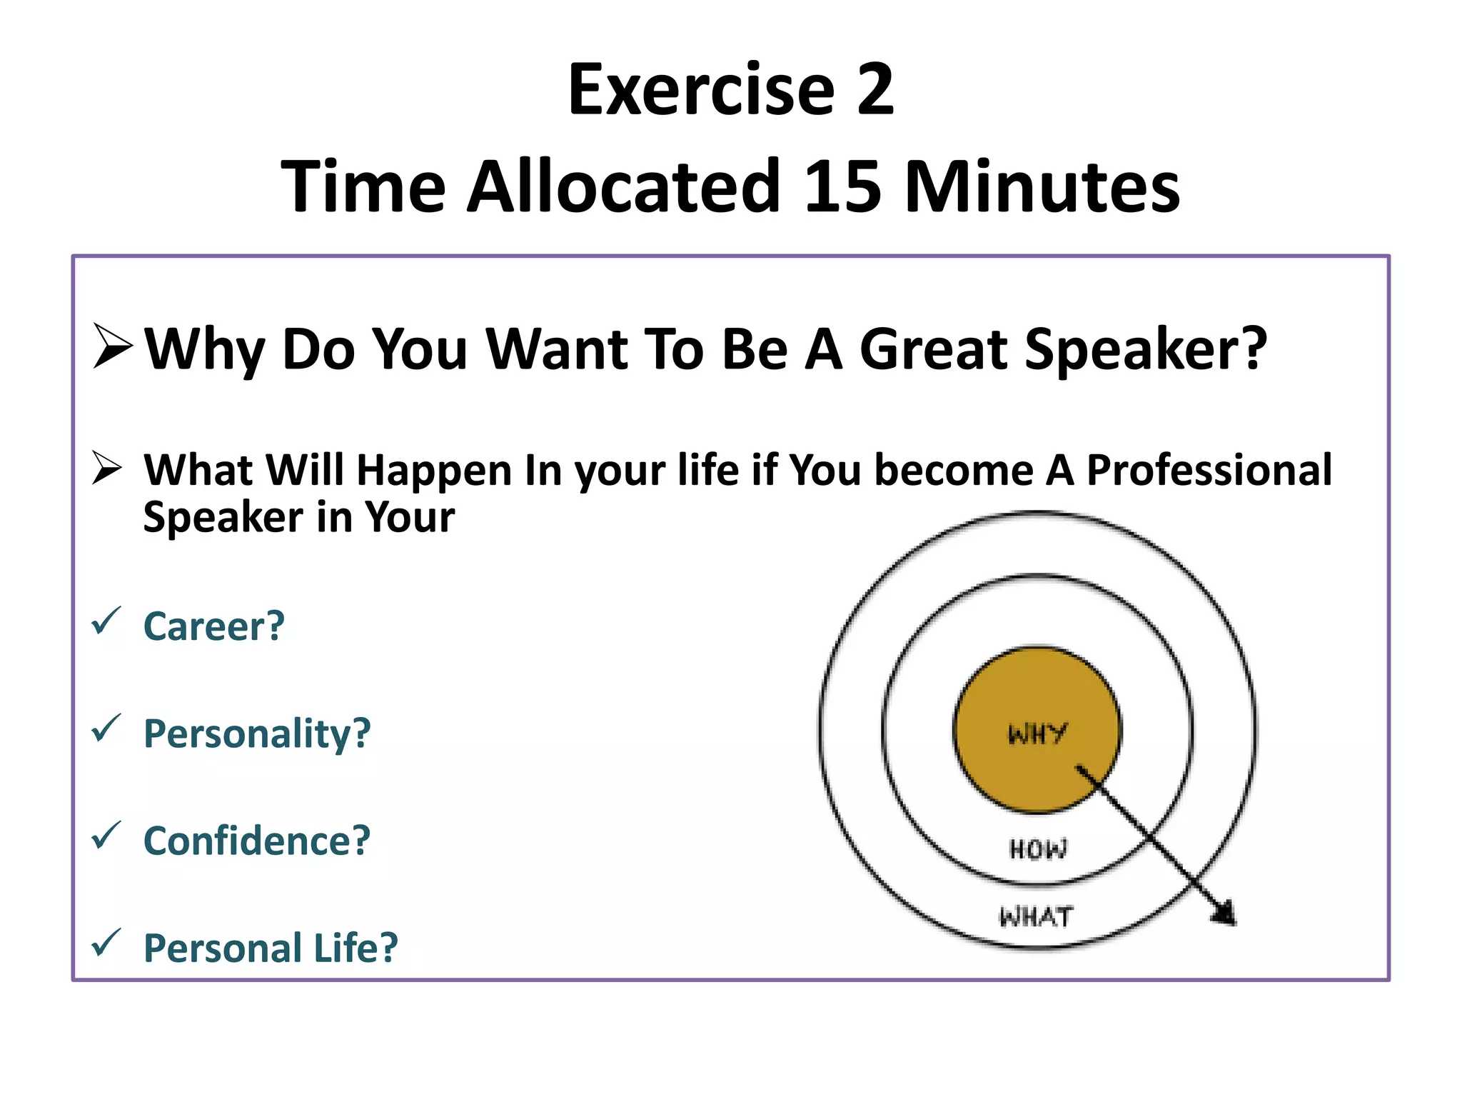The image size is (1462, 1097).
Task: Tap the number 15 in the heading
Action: (x=842, y=187)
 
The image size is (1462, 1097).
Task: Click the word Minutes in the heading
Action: (x=1042, y=187)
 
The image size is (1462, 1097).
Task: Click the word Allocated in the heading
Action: (x=624, y=187)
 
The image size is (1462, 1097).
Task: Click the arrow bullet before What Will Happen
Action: (x=107, y=469)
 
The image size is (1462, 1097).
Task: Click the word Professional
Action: (x=1209, y=470)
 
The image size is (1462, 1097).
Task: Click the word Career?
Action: (x=214, y=626)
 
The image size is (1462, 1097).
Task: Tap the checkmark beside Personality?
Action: (x=106, y=728)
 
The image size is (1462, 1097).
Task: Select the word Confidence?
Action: (x=257, y=841)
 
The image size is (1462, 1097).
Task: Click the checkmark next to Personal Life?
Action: (x=106, y=943)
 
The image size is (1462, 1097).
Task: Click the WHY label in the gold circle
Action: (x=1037, y=733)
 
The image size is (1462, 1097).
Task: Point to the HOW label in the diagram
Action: (x=1038, y=849)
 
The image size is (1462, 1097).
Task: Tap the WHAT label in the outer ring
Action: (x=1036, y=916)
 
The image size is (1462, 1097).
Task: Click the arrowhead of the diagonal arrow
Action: (x=1225, y=914)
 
